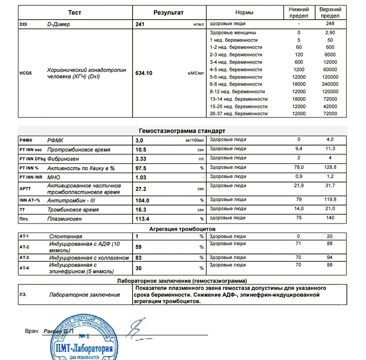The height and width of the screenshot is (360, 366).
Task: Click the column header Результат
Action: tap(168, 12)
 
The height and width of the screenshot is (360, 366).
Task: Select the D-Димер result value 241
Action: tap(140, 24)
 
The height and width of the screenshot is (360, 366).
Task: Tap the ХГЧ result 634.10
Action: tap(144, 73)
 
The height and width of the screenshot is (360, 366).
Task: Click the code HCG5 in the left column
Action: tap(26, 73)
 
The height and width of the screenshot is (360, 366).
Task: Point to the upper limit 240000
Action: tap(330, 84)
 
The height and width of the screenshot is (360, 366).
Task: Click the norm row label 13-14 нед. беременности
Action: tap(239, 99)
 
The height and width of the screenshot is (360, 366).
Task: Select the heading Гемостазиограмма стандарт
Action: tap(182, 131)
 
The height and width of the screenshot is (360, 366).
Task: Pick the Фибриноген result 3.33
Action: tap(142, 158)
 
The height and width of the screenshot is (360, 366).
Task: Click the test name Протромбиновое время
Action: tap(78, 150)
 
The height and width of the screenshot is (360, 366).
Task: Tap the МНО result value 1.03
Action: tap(142, 177)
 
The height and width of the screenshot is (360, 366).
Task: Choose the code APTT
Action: tap(25, 189)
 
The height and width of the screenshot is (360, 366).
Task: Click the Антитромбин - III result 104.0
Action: tap(143, 201)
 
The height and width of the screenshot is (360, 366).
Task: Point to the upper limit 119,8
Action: tap(330, 199)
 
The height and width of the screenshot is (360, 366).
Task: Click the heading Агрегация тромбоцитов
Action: tap(182, 229)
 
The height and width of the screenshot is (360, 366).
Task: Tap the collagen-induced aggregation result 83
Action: tap(139, 258)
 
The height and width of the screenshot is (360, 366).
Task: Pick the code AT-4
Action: tap(24, 268)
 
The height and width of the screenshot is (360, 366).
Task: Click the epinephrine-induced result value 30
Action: tap(139, 268)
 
